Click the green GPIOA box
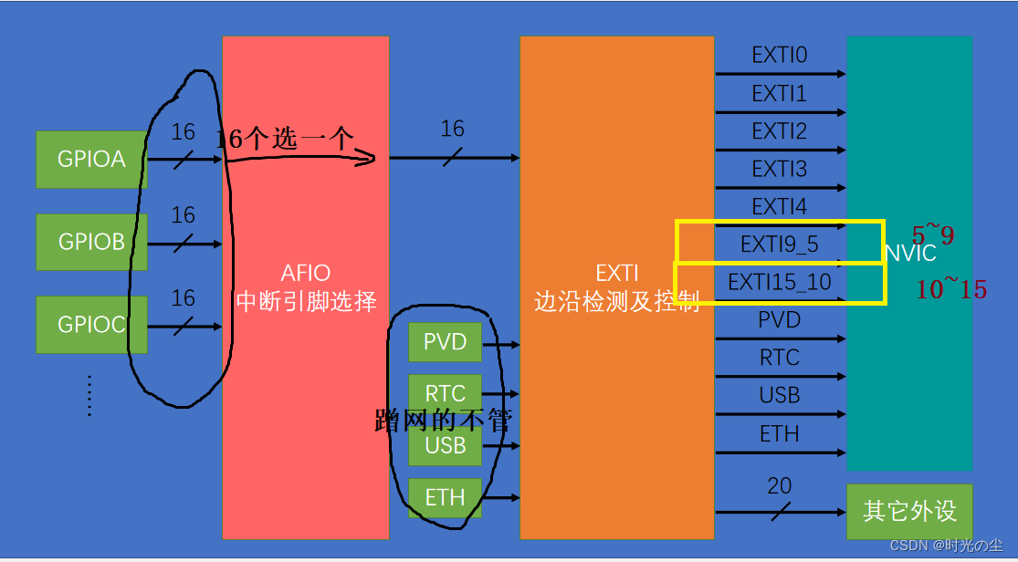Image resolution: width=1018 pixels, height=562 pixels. [x=91, y=160]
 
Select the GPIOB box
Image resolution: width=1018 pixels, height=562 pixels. [x=91, y=242]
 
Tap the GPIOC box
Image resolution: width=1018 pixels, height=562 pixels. [x=91, y=324]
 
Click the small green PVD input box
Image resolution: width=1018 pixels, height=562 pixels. [x=445, y=342]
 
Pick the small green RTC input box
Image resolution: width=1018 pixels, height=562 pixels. [x=445, y=394]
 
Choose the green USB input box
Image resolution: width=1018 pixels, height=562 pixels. [x=445, y=446]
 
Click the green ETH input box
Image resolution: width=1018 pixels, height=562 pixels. [x=445, y=497]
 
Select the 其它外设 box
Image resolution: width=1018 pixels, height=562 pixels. [x=909, y=510]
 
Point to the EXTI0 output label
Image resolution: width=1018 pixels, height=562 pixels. [x=779, y=56]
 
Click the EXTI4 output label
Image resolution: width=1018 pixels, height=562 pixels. [x=779, y=207]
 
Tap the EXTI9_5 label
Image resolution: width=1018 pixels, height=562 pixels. [x=779, y=245]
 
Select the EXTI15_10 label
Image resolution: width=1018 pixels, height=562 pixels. [x=779, y=283]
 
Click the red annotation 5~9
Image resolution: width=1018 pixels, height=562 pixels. [x=932, y=236]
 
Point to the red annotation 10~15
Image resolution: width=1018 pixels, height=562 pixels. [x=950, y=290]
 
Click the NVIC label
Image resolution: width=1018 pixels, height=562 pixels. [x=910, y=254]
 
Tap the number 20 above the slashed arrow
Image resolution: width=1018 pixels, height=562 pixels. [x=779, y=486]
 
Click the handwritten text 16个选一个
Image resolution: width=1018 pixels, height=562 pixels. [x=284, y=139]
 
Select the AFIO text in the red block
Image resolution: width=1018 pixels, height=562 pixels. [x=305, y=272]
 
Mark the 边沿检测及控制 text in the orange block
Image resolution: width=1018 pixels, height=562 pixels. [x=616, y=301]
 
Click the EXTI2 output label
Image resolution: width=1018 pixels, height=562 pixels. [x=779, y=131]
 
